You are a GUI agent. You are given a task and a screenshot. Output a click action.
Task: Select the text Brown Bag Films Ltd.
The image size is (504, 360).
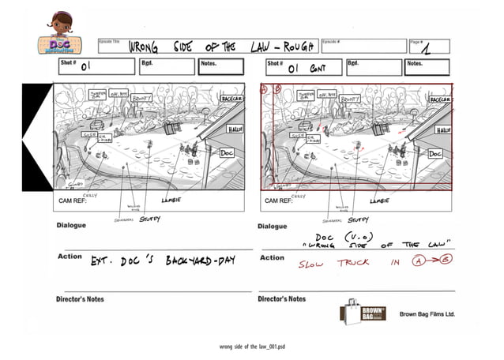point(427,313)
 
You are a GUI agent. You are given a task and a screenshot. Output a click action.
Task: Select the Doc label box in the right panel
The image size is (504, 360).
point(434,154)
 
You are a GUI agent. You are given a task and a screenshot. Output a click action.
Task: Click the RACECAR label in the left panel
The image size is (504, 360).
point(232,101)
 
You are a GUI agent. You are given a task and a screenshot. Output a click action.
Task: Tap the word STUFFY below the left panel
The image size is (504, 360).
point(149,219)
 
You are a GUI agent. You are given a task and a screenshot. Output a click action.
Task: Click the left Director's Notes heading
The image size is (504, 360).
point(80,299)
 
